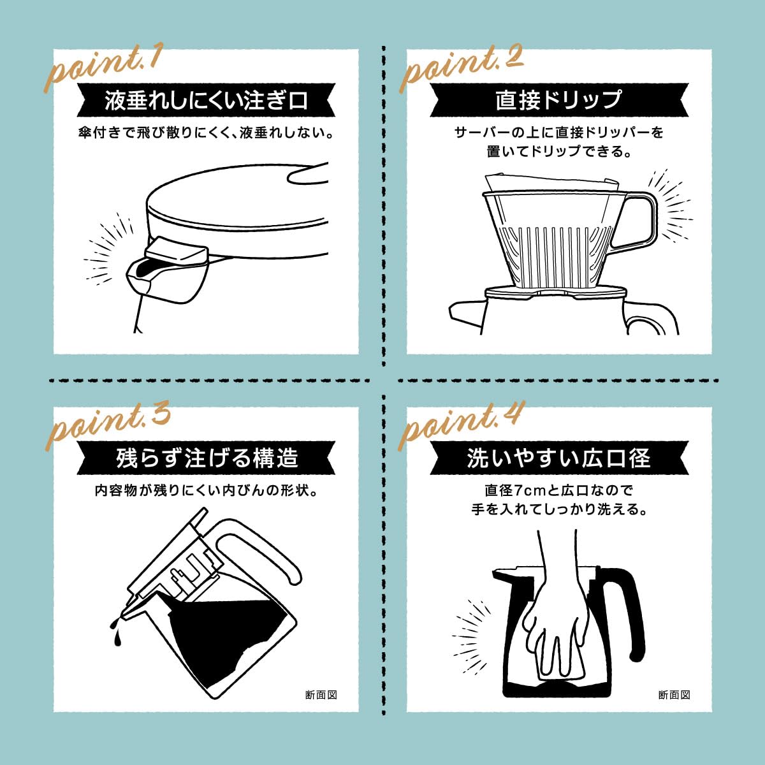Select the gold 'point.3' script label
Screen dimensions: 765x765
point(107,426)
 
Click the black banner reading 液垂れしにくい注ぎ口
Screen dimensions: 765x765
point(206,99)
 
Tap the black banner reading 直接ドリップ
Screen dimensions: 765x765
point(559,99)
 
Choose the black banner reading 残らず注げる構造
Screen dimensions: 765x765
point(206,458)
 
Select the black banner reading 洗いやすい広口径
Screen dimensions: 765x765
point(559,458)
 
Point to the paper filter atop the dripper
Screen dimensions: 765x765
point(552,182)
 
